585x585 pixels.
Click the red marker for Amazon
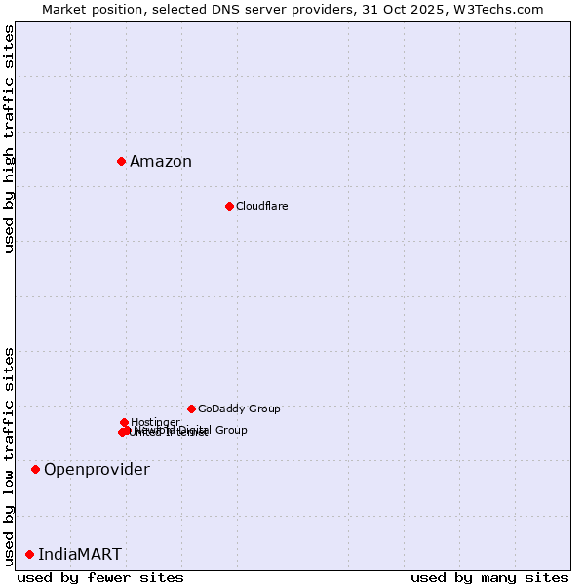coord(121,161)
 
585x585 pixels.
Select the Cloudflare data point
coord(229,206)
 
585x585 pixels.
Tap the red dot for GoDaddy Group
coord(191,409)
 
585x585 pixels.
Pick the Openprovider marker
coord(35,469)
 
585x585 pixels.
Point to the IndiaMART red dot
coord(29,554)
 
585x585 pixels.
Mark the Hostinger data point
coord(124,422)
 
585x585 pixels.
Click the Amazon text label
coord(161,162)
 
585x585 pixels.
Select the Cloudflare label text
coord(261,206)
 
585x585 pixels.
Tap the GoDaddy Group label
coord(239,409)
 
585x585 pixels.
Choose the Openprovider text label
coord(97,470)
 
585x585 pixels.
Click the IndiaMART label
coord(80,555)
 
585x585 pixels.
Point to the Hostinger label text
coord(155,422)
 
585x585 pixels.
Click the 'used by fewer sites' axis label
coord(100,577)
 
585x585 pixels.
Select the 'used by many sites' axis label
coord(489,577)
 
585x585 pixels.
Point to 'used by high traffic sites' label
coord(9,138)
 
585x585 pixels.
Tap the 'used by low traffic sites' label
coord(9,455)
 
